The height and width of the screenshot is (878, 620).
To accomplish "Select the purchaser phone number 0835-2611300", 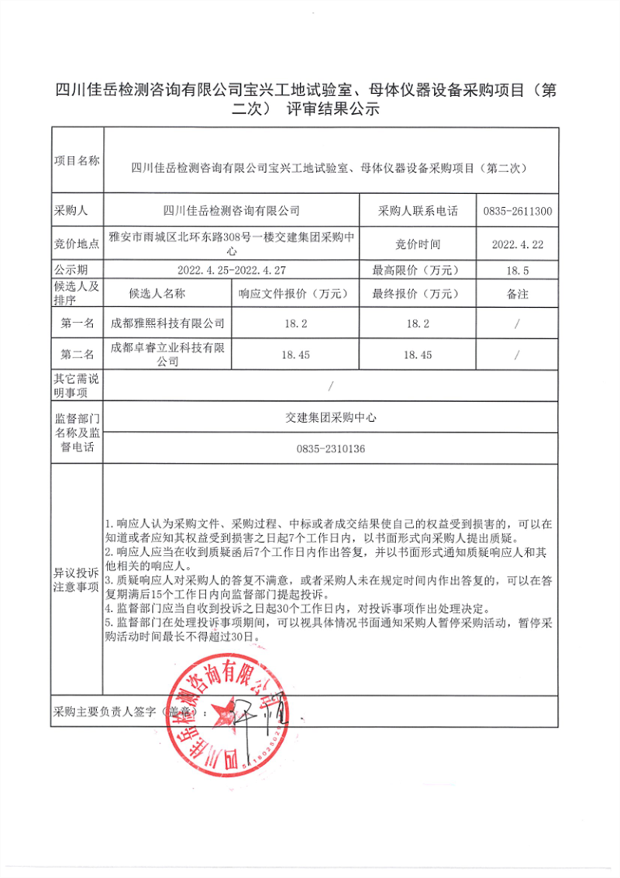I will point(517,210).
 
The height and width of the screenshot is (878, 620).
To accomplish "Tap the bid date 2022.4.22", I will point(517,244).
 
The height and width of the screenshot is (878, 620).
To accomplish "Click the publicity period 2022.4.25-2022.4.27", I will point(232,271).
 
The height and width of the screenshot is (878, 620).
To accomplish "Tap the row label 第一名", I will point(77,323).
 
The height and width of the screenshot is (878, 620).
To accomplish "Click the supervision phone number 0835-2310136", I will point(331,449).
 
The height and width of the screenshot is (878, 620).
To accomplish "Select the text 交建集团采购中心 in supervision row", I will point(331,417).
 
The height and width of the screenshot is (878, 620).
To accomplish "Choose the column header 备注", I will point(517,295).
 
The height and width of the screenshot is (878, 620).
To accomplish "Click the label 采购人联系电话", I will point(418,210).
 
